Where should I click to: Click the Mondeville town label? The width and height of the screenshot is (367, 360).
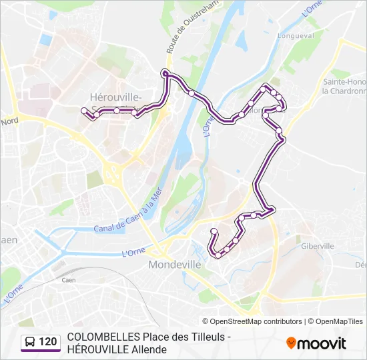pyautogui.click(x=174, y=264)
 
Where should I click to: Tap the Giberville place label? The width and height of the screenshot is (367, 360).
pyautogui.click(x=317, y=246)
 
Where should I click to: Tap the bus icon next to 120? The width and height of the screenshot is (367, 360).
pyautogui.click(x=30, y=342)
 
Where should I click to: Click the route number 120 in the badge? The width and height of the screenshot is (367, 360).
pyautogui.click(x=48, y=342)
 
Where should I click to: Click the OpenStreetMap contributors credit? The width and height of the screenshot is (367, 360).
pyautogui.click(x=252, y=321)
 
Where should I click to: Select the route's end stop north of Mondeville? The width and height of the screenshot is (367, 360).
pyautogui.click(x=214, y=231)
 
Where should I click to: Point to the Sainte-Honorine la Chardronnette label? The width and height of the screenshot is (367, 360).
pyautogui.click(x=344, y=86)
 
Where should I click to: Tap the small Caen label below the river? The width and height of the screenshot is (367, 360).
pyautogui.click(x=68, y=280)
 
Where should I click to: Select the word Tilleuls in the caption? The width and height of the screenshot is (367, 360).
pyautogui.click(x=208, y=337)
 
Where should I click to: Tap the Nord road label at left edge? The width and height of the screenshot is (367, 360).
pyautogui.click(x=9, y=122)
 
